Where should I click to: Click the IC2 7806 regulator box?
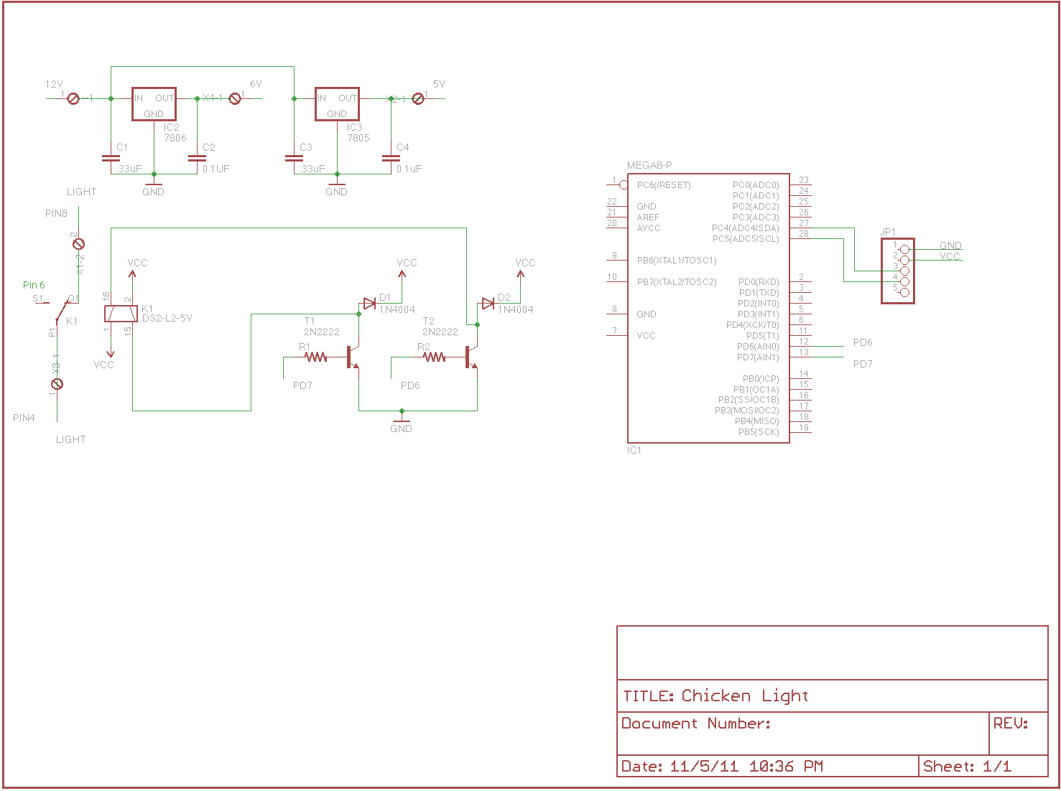pyautogui.click(x=154, y=105)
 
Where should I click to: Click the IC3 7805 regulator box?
pyautogui.click(x=337, y=105)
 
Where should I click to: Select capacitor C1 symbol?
pyautogui.click(x=111, y=157)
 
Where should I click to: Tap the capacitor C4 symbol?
pyautogui.click(x=391, y=157)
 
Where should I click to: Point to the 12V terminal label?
pyautogui.click(x=54, y=84)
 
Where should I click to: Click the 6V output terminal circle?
pyautogui.click(x=235, y=98)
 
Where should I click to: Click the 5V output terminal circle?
pyautogui.click(x=418, y=98)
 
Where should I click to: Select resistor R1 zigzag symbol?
pyautogui.click(x=316, y=357)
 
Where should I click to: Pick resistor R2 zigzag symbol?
pyautogui.click(x=435, y=357)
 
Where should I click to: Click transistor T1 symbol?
pyautogui.click(x=352, y=357)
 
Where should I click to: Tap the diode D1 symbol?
pyautogui.click(x=369, y=304)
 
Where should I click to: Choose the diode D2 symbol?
pyautogui.click(x=488, y=304)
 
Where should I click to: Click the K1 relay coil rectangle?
pyautogui.click(x=121, y=314)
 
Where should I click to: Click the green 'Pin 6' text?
pyautogui.click(x=34, y=285)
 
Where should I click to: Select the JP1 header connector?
pyautogui.click(x=898, y=271)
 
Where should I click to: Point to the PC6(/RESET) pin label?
pyautogui.click(x=664, y=185)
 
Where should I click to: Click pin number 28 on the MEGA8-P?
pyautogui.click(x=804, y=234)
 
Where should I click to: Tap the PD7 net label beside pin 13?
pyautogui.click(x=863, y=364)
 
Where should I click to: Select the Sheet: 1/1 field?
pyautogui.click(x=967, y=767)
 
